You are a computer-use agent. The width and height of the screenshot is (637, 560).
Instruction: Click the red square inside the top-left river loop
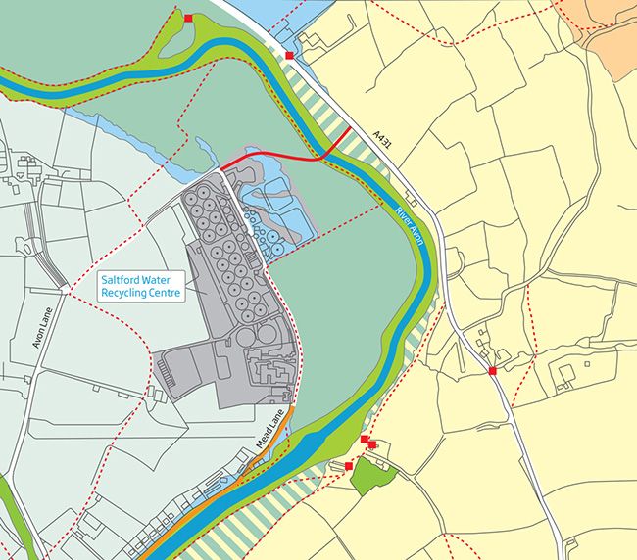pyautogui.click(x=188, y=18)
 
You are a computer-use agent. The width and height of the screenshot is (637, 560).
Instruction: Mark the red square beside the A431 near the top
pyautogui.click(x=289, y=57)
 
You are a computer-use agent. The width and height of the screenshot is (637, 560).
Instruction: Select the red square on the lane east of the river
pyautogui.click(x=493, y=371)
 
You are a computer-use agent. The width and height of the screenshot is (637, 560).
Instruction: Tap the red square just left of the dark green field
pyautogui.click(x=349, y=466)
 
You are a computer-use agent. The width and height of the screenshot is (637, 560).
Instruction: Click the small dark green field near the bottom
pyautogui.click(x=370, y=476)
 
